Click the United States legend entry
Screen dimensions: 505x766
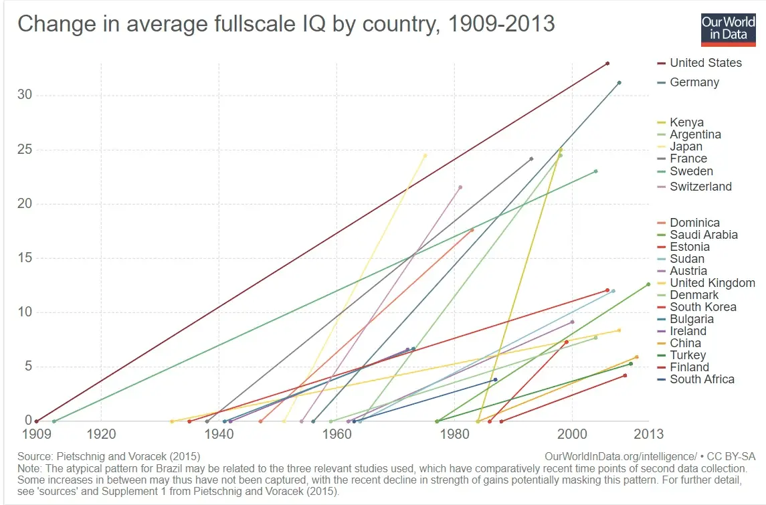705,63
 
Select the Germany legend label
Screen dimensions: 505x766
694,82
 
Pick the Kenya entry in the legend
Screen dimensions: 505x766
686,122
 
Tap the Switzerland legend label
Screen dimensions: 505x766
700,187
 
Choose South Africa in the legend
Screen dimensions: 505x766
702,379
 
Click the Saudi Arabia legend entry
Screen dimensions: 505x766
703,235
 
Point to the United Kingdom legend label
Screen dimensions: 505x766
712,283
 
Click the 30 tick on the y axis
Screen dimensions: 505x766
24,95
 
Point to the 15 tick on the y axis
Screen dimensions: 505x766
24,258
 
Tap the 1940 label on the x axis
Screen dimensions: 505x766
219,434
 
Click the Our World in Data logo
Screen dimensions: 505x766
728,29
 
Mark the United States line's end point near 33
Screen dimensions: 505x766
607,64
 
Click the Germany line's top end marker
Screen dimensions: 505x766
619,83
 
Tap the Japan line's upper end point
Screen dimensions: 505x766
425,156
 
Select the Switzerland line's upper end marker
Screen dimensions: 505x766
460,187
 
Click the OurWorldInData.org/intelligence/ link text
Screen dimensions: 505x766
621,456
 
